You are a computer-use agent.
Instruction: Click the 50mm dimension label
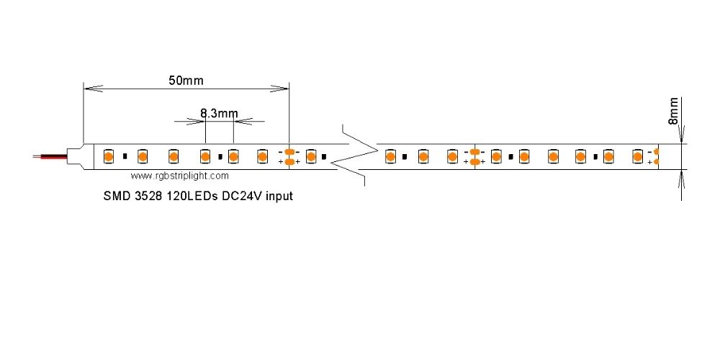(186, 80)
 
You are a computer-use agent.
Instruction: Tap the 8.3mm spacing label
(219, 113)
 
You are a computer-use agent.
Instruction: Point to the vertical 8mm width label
(674, 112)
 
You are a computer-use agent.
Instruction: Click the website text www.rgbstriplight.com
(181, 175)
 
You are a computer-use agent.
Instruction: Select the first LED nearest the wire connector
(107, 156)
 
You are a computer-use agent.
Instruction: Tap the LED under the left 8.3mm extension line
(205, 156)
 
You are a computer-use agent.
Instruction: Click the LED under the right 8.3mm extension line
(233, 156)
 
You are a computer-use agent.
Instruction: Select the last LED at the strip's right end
(637, 156)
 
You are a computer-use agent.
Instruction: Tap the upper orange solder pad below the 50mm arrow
(289, 151)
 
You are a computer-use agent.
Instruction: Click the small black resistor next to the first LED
(125, 156)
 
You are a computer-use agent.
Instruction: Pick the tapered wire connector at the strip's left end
(76, 156)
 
